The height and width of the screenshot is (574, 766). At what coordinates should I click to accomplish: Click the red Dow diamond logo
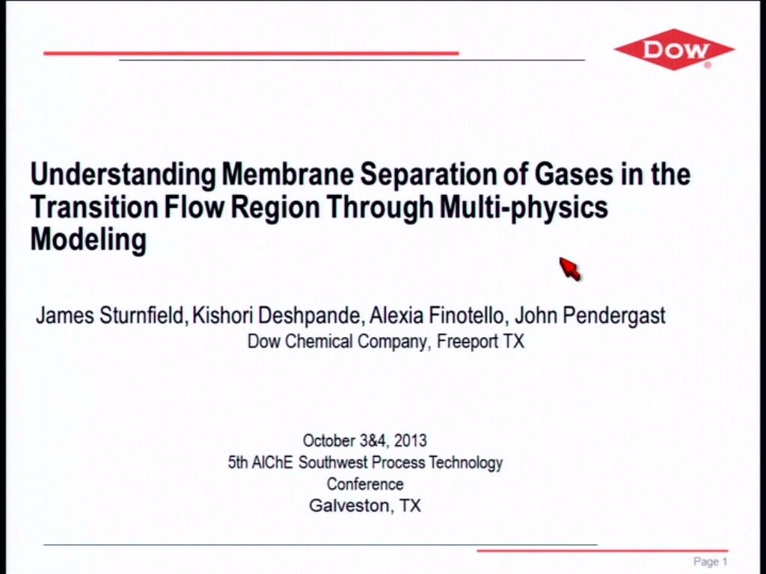coord(674,49)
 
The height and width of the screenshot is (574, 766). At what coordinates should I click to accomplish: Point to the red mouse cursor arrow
coord(569,269)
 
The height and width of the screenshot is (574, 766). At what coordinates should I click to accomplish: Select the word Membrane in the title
coord(287,173)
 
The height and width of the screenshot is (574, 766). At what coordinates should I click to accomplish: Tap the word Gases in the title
coord(574,173)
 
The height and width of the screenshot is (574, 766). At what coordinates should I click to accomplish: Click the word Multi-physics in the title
coord(524,208)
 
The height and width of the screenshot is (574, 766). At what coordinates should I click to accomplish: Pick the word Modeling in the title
coord(88,240)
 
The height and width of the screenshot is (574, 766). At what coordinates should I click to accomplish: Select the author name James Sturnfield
coord(110,315)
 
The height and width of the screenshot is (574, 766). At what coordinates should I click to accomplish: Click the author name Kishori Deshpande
coord(277,316)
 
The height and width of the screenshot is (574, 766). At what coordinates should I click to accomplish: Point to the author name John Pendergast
coord(589,316)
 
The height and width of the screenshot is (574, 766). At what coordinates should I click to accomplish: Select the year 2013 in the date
coord(411,441)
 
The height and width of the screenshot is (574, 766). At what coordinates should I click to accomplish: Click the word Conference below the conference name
coord(365,484)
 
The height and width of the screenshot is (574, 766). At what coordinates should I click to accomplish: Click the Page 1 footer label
coord(711,562)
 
